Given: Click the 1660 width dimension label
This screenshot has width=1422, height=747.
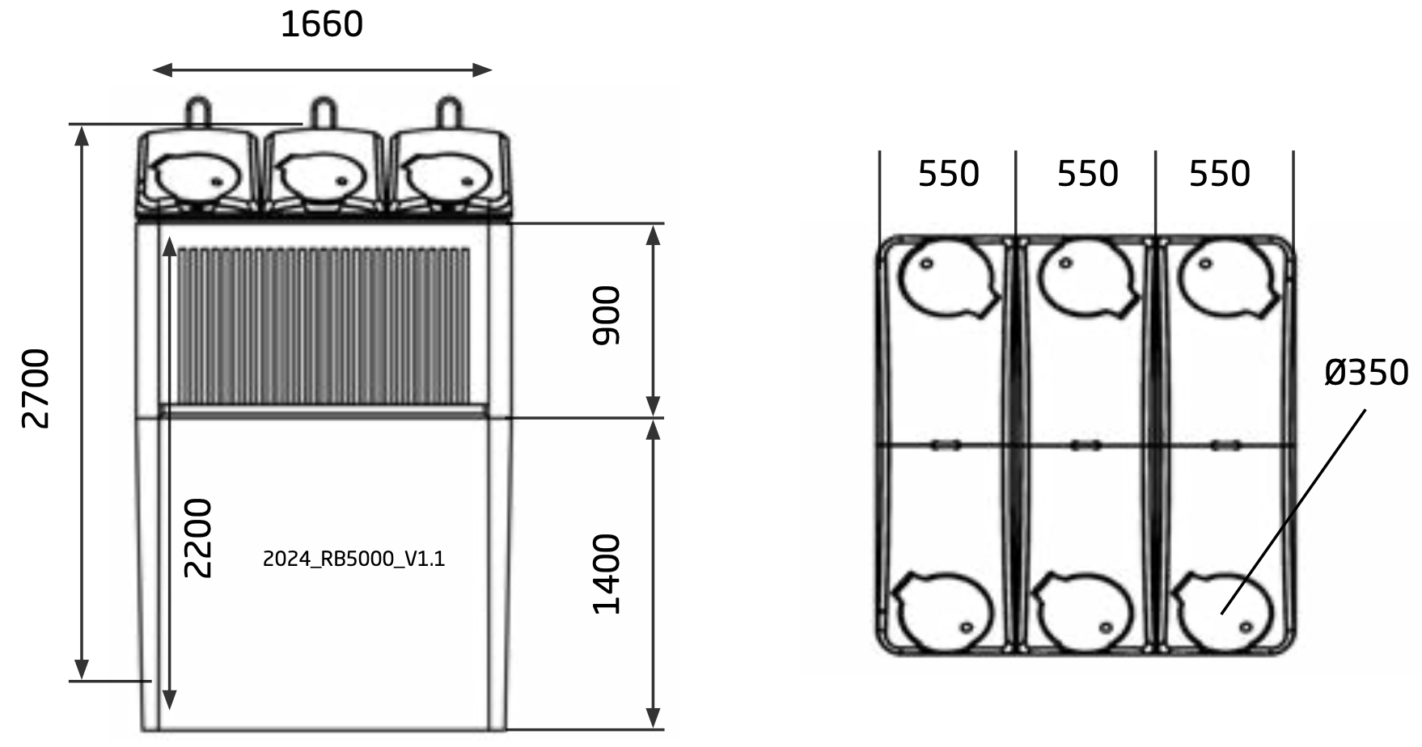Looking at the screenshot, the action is pos(321,24).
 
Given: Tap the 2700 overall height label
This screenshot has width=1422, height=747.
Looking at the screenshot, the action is pos(36,388).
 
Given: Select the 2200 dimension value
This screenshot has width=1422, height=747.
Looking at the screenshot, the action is pos(197,538).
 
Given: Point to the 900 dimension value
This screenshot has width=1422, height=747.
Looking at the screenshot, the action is pos(606,315).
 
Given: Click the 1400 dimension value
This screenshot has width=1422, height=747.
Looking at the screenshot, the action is pos(606,574).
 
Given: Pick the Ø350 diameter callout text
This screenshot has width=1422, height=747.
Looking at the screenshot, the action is pos(1366,373).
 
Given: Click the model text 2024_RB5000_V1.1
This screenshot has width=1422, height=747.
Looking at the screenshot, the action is pos(354,559).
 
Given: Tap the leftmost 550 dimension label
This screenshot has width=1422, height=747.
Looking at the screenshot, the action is pos(948,174).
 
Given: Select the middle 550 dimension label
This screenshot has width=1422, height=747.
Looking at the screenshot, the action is pos(1087,174).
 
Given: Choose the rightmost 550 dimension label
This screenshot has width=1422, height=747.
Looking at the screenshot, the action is pos(1219,174).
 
